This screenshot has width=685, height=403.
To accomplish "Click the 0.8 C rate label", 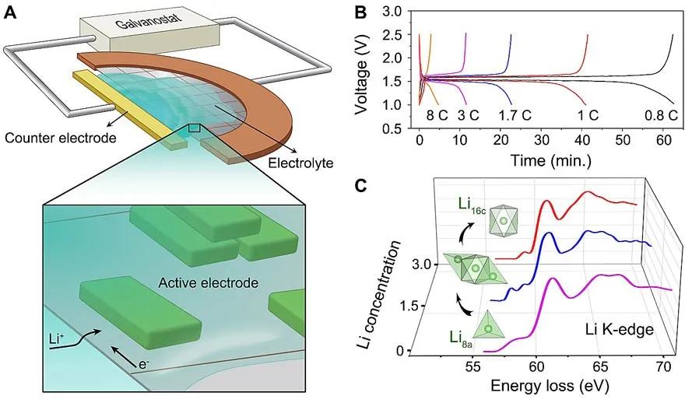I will click(x=662, y=115).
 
